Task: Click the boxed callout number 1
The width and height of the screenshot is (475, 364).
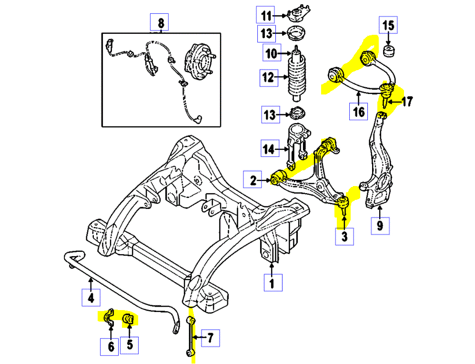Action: pyautogui.click(x=272, y=283)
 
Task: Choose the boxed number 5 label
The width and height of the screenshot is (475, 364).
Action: pyautogui.click(x=129, y=345)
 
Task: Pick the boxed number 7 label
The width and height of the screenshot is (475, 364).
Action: pyautogui.click(x=211, y=338)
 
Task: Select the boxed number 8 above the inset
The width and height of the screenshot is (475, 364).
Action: pyautogui.click(x=160, y=22)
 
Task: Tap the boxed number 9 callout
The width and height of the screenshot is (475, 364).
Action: pyautogui.click(x=380, y=225)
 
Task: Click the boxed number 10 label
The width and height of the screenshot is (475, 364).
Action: pyautogui.click(x=271, y=53)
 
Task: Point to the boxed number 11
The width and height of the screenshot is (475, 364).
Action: pyautogui.click(x=265, y=15)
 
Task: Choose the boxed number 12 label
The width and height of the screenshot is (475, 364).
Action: pyautogui.click(x=268, y=77)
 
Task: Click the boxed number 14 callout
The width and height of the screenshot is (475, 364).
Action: pyautogui.click(x=269, y=149)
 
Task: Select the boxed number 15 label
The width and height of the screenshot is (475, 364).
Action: pyautogui.click(x=388, y=25)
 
